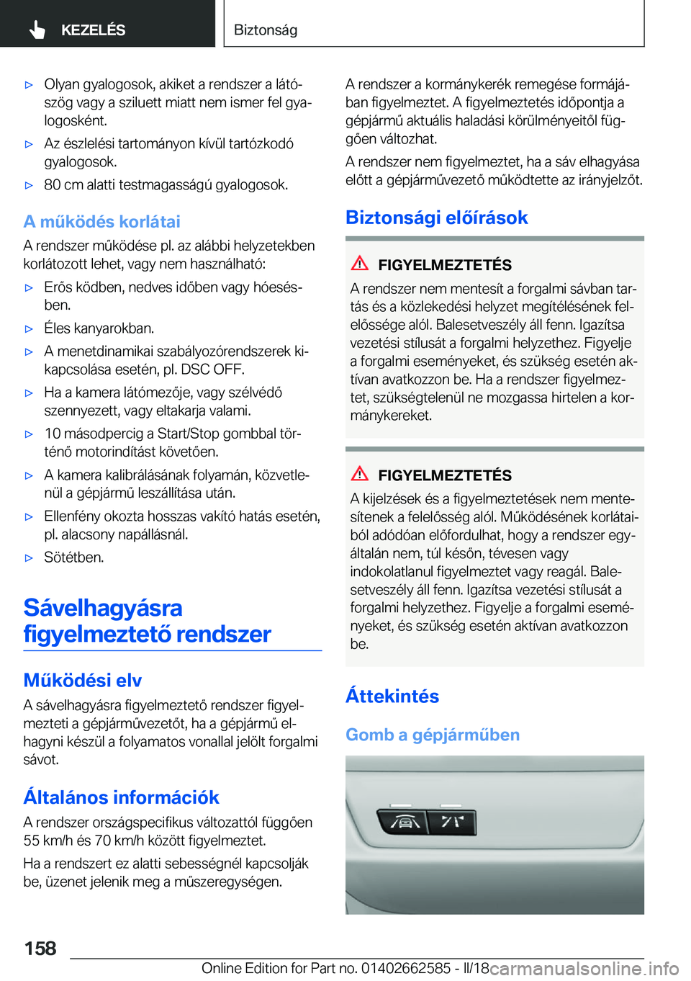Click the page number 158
pyautogui.click(x=40, y=948)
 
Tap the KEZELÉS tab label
pyautogui.click(x=93, y=30)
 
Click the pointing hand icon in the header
pyautogui.click(x=37, y=30)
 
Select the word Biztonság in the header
pyautogui.click(x=266, y=30)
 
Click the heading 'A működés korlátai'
pyautogui.click(x=101, y=221)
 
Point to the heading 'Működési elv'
pyautogui.click(x=82, y=680)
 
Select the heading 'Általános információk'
pyautogui.click(x=121, y=797)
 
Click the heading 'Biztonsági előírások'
pyautogui.click(x=436, y=217)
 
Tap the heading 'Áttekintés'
pyautogui.click(x=392, y=696)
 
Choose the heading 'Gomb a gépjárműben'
pyautogui.click(x=432, y=735)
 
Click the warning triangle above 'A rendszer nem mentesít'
pyautogui.click(x=360, y=264)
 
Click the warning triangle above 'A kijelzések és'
pyautogui.click(x=360, y=474)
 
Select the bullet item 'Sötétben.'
pyautogui.click(x=74, y=557)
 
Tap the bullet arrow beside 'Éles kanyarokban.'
pyautogui.click(x=30, y=328)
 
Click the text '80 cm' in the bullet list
pyautogui.click(x=63, y=185)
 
